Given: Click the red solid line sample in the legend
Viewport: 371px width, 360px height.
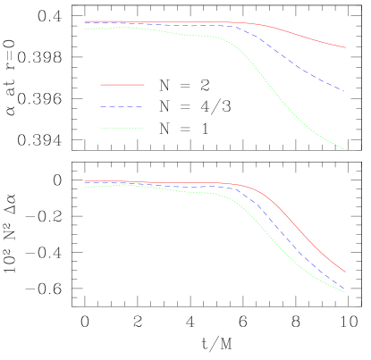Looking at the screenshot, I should (122, 85).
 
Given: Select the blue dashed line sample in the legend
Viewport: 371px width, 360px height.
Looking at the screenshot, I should (122, 106).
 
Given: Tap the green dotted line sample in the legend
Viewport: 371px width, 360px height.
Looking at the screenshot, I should (122, 128).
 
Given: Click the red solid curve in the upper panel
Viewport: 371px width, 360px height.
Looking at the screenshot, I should (295, 32).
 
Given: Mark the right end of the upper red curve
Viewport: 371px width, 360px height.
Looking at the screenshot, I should (345, 47).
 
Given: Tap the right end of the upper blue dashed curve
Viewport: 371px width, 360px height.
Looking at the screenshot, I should (341, 89).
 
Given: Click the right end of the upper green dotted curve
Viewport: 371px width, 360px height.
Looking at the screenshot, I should (345, 149).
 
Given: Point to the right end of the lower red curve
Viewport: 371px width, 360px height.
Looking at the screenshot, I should (345, 272).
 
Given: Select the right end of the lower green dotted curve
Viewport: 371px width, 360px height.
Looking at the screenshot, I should (345, 292).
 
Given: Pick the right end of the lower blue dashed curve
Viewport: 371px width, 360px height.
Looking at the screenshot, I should (345, 289).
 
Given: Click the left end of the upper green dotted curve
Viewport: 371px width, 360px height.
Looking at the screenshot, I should (84, 29).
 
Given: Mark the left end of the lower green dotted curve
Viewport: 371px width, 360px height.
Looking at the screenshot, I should (84, 187).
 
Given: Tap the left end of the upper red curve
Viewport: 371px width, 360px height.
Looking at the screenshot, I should (84, 21).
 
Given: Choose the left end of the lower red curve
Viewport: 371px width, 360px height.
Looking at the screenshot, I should (84, 181).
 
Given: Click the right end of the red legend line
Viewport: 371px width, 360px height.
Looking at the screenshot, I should (144, 85).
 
